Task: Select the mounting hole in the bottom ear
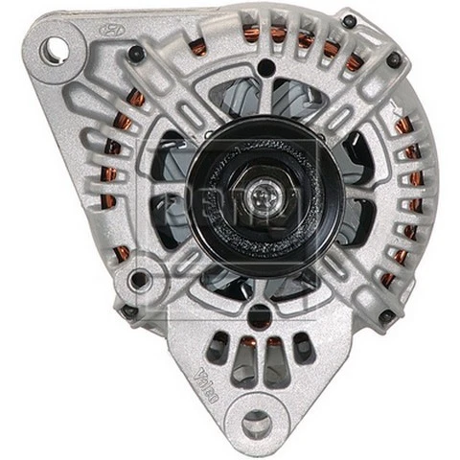254,422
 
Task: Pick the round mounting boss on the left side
140,280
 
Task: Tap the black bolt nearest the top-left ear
136,56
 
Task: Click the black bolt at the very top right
350,22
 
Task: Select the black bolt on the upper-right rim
394,59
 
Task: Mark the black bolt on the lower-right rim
386,315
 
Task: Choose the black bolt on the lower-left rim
128,310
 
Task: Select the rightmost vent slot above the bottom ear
305,351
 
